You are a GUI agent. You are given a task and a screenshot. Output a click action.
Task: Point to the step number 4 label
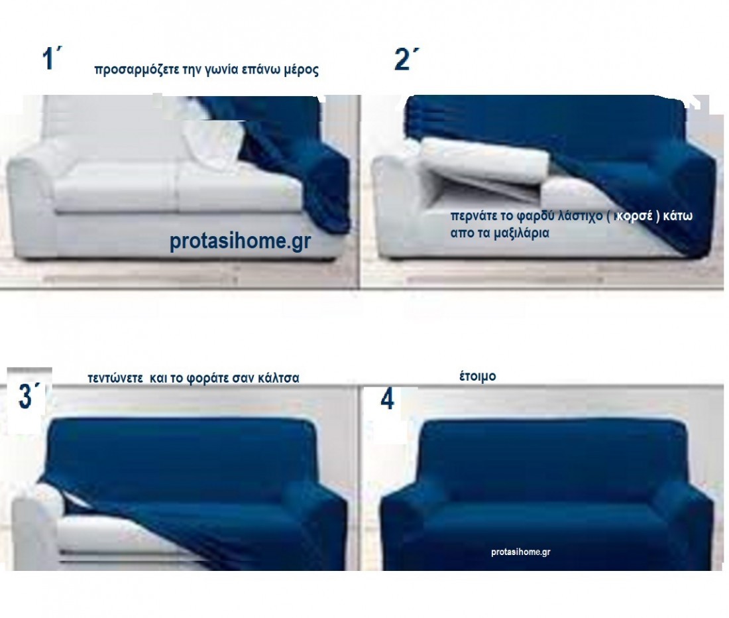point(387,399)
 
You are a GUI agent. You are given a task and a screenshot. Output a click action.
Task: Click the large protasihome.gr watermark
point(240,241)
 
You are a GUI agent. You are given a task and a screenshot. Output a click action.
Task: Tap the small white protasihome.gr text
point(521,552)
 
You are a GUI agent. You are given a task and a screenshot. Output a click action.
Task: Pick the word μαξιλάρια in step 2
point(521,233)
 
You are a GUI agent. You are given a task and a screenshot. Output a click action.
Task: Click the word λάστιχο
point(580,216)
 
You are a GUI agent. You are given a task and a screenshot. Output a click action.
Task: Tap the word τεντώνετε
point(115,379)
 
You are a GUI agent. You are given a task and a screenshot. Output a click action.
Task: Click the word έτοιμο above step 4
point(477,376)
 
